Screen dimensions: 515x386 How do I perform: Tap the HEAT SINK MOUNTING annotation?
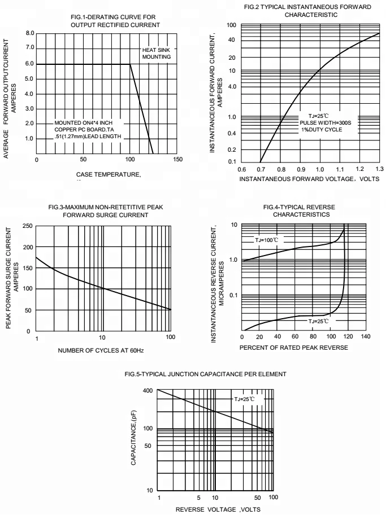[156, 54]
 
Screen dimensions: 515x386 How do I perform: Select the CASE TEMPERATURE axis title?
[107, 175]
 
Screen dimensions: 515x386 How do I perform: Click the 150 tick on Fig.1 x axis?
[177, 160]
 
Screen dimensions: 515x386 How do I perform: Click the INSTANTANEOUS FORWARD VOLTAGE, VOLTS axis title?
[309, 179]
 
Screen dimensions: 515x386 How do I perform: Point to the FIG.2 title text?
[307, 11]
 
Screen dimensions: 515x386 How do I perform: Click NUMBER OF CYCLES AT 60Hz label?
[101, 351]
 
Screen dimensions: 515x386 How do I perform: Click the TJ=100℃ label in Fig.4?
[267, 240]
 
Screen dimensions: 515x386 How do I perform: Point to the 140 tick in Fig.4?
[365, 337]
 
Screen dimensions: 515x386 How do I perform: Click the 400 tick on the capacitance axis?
[148, 390]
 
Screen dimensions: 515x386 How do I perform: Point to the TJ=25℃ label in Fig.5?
[244, 399]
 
